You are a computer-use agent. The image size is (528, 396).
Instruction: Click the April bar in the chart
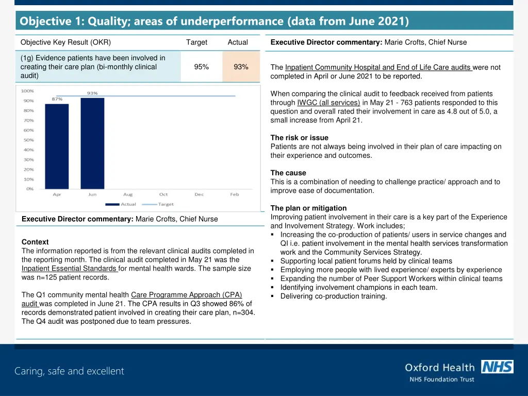coord(57,146)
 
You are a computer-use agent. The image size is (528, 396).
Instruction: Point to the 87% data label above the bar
coord(57,99)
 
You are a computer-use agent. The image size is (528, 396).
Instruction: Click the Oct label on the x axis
coord(163,194)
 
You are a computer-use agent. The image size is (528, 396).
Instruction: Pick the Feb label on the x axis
coord(235,194)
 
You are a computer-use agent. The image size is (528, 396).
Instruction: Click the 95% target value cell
coord(202,67)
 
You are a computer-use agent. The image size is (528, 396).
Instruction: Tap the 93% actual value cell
coord(241,67)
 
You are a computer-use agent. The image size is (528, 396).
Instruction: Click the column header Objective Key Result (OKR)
coord(65,42)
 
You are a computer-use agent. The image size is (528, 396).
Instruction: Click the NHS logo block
coord(497,367)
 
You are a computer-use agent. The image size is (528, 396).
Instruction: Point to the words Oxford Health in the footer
coord(439,368)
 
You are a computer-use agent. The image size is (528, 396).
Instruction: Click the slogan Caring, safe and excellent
coord(69,371)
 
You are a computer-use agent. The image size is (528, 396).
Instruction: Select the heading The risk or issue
coord(299,138)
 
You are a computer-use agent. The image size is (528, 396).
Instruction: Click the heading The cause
coord(288,173)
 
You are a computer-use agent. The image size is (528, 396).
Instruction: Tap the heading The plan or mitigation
coord(308,208)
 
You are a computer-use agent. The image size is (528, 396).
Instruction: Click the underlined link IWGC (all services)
coord(328,102)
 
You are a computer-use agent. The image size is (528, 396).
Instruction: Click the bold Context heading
coord(35,242)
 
